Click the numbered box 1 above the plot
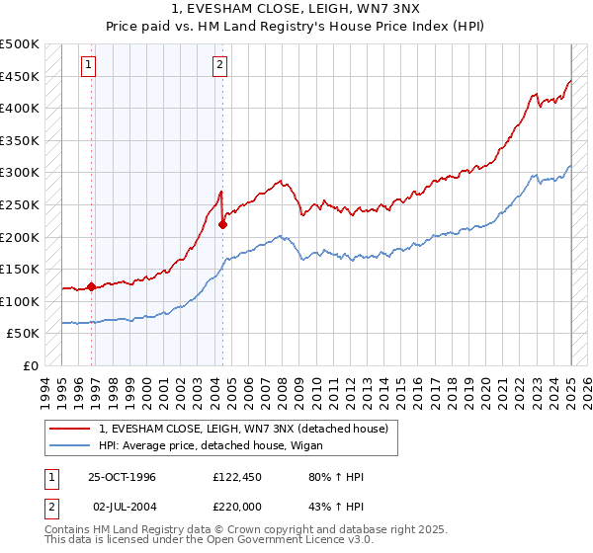point(89,66)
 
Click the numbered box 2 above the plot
point(218,66)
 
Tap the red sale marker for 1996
point(92,287)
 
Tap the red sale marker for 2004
point(222,224)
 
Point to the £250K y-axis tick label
point(20,204)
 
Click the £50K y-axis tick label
point(24,334)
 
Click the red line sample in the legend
point(70,429)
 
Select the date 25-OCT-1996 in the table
point(122,477)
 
